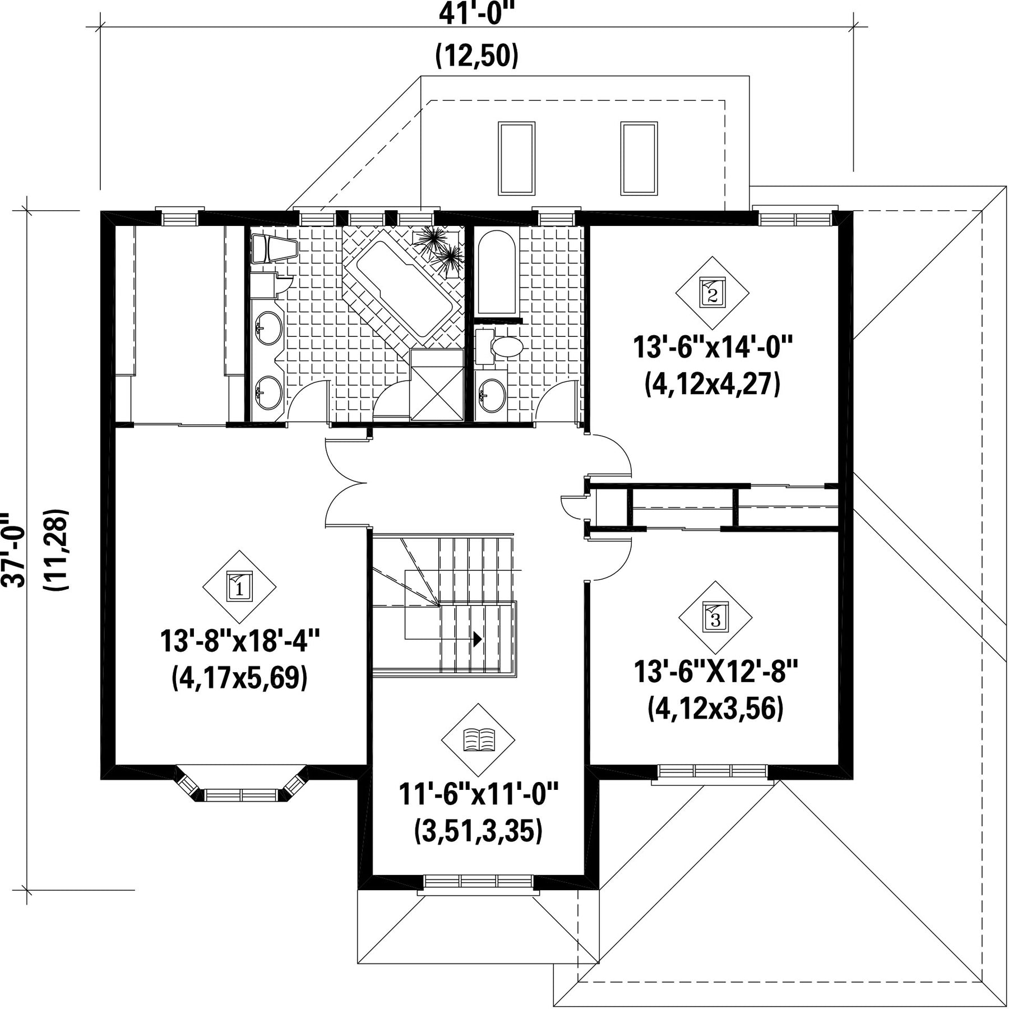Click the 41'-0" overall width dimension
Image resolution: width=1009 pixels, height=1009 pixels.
tap(476, 15)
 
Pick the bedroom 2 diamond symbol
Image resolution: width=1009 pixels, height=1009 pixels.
tap(712, 293)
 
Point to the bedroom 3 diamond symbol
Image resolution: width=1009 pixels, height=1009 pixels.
tap(715, 617)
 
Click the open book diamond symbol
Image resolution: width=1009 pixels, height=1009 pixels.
tap(478, 740)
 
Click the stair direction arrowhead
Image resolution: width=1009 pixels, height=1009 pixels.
tap(478, 638)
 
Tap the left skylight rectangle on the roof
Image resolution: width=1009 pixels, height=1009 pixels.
tap(516, 158)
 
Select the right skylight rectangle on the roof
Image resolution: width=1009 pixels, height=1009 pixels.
tap(638, 158)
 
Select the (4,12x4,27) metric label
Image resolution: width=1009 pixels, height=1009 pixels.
tap(712, 385)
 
